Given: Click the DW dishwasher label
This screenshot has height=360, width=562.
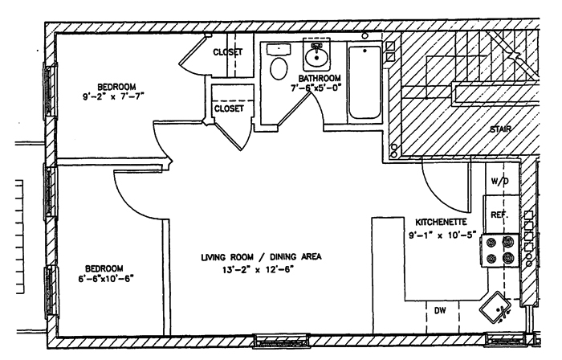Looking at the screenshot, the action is click(439, 310).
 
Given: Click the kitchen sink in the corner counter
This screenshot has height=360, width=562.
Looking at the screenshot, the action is click(495, 307).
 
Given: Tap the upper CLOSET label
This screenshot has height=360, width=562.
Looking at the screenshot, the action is click(228, 53).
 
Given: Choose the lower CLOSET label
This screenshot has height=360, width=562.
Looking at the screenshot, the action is click(229, 107).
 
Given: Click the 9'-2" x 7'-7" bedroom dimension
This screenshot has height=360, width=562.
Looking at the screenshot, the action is click(116, 99).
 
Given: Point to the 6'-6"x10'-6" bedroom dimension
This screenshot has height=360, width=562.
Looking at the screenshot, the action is click(105, 280).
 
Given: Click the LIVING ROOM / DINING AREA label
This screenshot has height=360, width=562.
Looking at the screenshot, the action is click(262, 257).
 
